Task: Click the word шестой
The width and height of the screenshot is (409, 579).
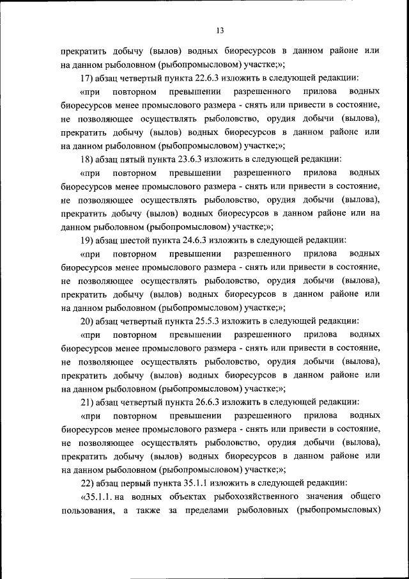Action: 137,241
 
